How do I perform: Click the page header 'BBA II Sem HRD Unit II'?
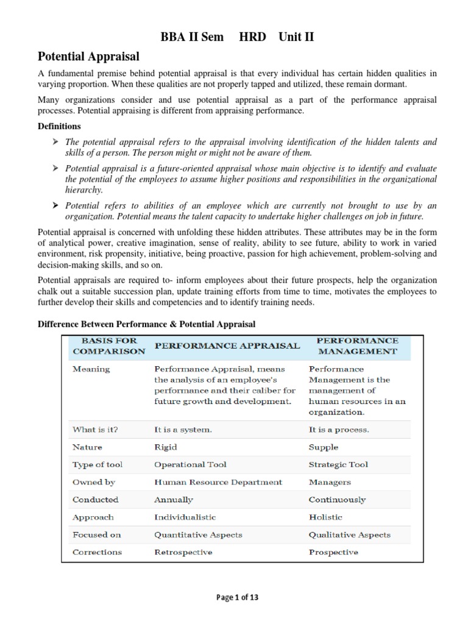(x=237, y=37)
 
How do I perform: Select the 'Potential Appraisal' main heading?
(x=88, y=57)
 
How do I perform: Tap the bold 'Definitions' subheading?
(x=59, y=127)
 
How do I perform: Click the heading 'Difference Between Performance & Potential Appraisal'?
(x=146, y=324)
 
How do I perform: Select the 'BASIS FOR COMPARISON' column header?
(x=108, y=346)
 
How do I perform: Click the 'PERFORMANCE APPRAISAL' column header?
(x=227, y=346)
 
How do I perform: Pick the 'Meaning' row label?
(x=91, y=369)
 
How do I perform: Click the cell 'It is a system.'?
(x=183, y=429)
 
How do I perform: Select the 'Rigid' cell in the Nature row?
(x=166, y=447)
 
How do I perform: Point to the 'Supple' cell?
(x=324, y=447)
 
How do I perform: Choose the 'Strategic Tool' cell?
(x=338, y=464)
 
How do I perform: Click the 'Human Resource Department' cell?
(x=218, y=482)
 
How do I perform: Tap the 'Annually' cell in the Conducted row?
(x=174, y=500)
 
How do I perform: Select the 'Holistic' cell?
(x=325, y=517)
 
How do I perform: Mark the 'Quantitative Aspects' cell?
(x=198, y=534)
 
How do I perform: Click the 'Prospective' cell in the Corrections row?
(x=333, y=552)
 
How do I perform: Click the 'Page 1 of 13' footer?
(x=237, y=598)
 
